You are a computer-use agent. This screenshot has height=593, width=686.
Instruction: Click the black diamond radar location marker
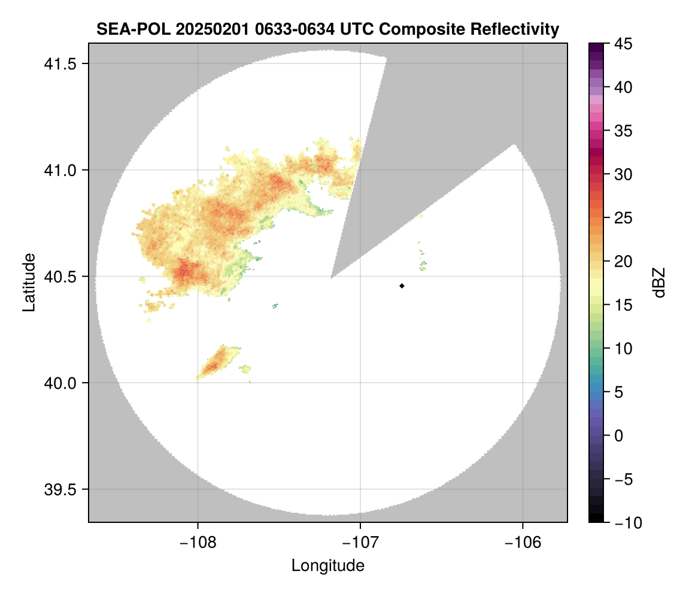[x=402, y=286]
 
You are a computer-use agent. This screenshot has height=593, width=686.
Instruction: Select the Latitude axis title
[x=28, y=282]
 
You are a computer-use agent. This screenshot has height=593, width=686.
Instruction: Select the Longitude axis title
[x=327, y=565]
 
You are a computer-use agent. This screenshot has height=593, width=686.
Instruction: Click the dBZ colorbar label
[x=659, y=282]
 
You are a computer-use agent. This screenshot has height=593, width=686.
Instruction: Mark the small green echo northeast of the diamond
[x=423, y=265]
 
